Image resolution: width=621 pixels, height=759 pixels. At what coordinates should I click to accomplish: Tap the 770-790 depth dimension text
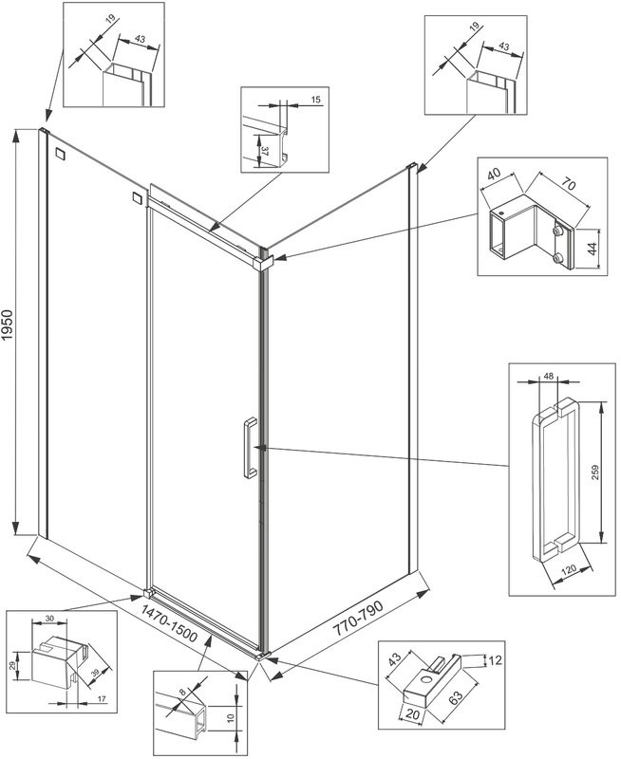362,620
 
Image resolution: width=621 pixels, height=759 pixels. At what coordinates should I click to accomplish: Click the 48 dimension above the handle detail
548,377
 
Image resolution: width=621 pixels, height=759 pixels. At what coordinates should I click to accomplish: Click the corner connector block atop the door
265,257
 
